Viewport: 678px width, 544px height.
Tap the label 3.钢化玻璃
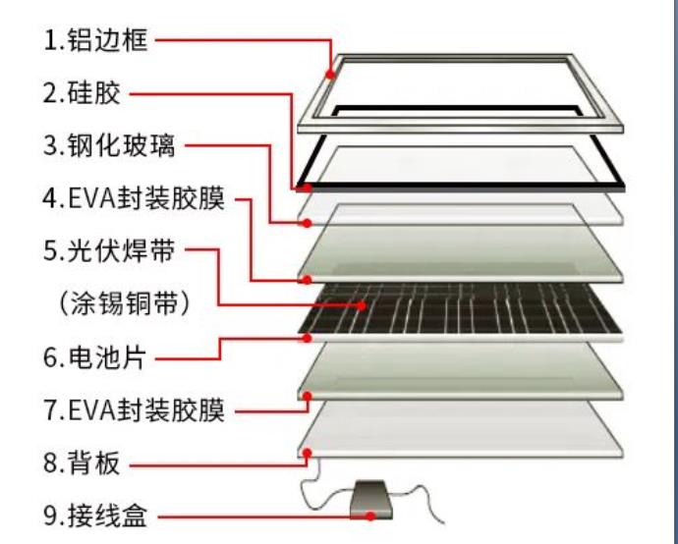pyautogui.click(x=110, y=147)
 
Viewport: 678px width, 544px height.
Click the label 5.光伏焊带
pyautogui.click(x=109, y=251)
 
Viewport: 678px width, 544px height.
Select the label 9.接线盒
pyautogui.click(x=94, y=516)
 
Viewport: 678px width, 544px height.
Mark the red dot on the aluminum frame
pyautogui.click(x=333, y=72)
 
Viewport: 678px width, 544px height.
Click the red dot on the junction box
pyautogui.click(x=369, y=515)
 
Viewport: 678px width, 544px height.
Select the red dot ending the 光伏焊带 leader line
pyautogui.click(x=363, y=304)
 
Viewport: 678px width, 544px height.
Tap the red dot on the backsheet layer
pyautogui.click(x=308, y=454)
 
